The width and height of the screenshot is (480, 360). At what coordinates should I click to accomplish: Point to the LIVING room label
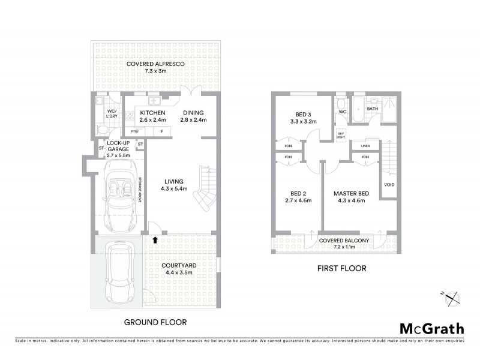(174, 185)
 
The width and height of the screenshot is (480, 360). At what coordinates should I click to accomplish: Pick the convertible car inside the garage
(122, 195)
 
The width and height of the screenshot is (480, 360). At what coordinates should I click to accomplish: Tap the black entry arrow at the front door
(155, 240)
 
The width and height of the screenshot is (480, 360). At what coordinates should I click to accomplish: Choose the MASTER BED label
(352, 196)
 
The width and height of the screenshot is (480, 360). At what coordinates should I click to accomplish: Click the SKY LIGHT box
(341, 134)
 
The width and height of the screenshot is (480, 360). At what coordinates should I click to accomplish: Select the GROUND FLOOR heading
(155, 322)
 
